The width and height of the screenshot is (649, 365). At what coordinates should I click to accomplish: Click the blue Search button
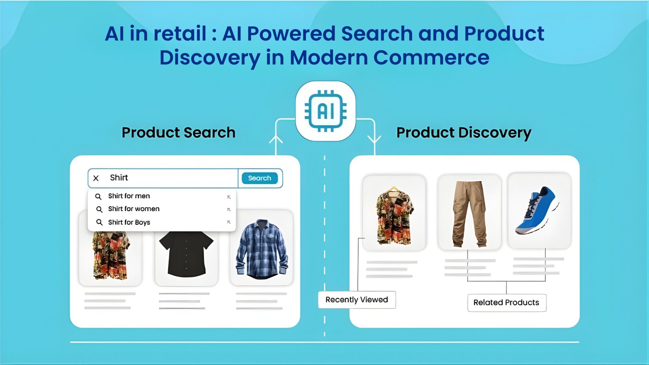point(260,178)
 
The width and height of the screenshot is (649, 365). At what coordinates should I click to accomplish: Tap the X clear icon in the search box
point(96,178)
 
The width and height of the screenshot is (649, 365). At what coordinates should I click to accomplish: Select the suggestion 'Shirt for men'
point(129,196)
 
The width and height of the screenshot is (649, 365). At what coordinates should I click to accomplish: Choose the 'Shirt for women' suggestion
point(133,209)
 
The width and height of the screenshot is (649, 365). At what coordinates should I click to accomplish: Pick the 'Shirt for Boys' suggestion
point(129,222)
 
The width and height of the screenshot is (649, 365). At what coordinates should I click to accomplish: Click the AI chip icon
point(325,111)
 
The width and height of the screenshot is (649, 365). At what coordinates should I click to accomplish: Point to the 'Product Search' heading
point(178,133)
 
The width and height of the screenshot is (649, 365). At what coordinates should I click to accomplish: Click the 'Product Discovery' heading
point(464,133)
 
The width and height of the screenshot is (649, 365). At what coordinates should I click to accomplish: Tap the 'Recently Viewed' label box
point(357,300)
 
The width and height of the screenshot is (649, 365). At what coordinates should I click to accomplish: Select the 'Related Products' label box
point(506,303)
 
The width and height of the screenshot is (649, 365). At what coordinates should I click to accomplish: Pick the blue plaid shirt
point(262,249)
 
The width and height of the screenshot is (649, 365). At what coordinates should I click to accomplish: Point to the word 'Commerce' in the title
point(431,58)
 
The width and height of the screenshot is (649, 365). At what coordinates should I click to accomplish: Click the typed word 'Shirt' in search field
point(119,178)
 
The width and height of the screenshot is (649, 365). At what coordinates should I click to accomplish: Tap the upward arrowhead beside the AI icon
point(276,140)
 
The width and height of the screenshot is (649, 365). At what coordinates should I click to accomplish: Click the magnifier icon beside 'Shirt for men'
point(98,196)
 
